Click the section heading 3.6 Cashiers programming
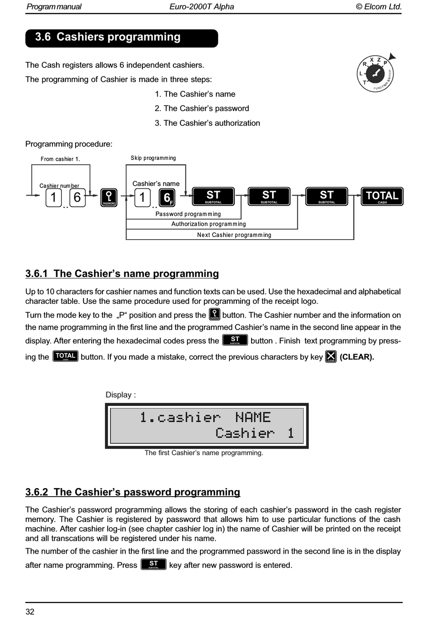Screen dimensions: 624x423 [108, 37]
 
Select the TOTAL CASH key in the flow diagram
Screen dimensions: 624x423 [382, 196]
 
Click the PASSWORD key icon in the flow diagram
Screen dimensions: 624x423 [109, 197]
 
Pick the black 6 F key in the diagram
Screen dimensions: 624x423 [167, 197]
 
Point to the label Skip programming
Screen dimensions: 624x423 [153, 158]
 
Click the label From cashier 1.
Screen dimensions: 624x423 [60, 159]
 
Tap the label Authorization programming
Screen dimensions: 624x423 [208, 224]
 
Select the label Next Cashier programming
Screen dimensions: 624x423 [234, 235]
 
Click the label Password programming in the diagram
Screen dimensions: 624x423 [188, 214]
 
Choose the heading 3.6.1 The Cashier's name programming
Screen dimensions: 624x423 [122, 273]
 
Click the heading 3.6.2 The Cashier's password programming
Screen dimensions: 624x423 [133, 492]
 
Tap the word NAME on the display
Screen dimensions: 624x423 [252, 417]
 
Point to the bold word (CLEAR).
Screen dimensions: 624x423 [357, 357]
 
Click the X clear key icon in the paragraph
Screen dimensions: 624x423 [331, 356]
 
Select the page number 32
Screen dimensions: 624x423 [30, 612]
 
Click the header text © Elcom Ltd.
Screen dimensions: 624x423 [378, 7]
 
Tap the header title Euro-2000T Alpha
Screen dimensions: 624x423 [202, 7]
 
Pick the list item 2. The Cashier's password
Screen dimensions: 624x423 [202, 108]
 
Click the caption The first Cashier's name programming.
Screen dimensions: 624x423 [203, 453]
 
